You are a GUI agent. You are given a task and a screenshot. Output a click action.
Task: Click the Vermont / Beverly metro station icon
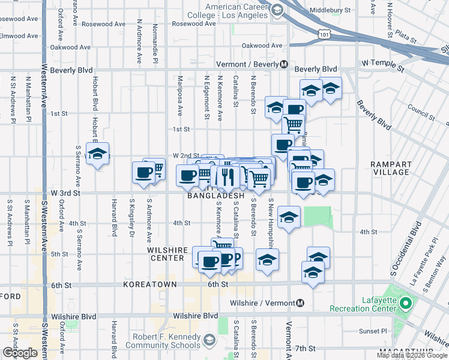(285, 64)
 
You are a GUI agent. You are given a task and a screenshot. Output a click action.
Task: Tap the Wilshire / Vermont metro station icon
(300, 302)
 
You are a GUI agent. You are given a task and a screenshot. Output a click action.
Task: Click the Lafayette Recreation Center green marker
(405, 303)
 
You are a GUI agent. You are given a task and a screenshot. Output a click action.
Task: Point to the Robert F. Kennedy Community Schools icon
(209, 341)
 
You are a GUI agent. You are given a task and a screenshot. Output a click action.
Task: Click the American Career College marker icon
(277, 10)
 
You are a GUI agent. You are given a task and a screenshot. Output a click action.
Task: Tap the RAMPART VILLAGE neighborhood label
(390, 168)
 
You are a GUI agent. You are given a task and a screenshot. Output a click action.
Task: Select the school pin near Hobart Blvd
(97, 154)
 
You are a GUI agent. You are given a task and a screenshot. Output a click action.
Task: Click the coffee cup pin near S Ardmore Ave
(144, 173)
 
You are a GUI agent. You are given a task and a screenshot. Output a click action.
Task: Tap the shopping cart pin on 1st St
(293, 125)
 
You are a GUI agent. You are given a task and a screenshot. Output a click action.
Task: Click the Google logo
(20, 353)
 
